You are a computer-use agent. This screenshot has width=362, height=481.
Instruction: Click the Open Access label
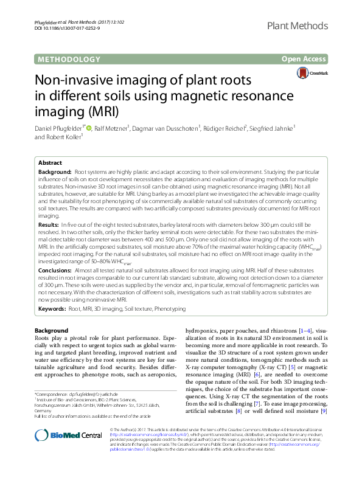(304, 59)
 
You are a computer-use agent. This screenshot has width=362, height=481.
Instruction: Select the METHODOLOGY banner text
(69, 59)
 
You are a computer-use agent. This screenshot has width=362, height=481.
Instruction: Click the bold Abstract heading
(50, 164)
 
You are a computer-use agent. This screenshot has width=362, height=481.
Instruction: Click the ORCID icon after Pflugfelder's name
(89, 128)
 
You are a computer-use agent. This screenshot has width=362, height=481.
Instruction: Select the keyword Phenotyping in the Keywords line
(169, 309)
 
